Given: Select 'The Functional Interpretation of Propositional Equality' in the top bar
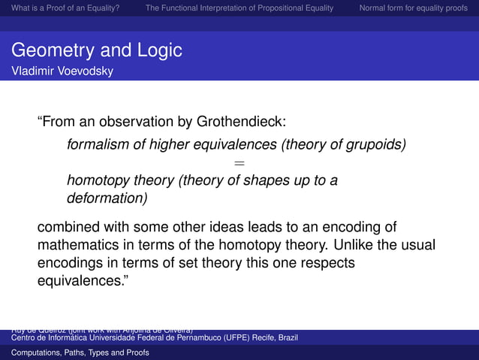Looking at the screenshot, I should pos(241,8).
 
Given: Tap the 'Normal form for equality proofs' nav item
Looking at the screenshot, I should pos(413,8).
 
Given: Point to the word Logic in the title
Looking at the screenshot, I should pos(159,50).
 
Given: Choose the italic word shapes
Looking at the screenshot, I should pos(277,180).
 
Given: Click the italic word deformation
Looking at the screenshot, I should pos(105,199).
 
